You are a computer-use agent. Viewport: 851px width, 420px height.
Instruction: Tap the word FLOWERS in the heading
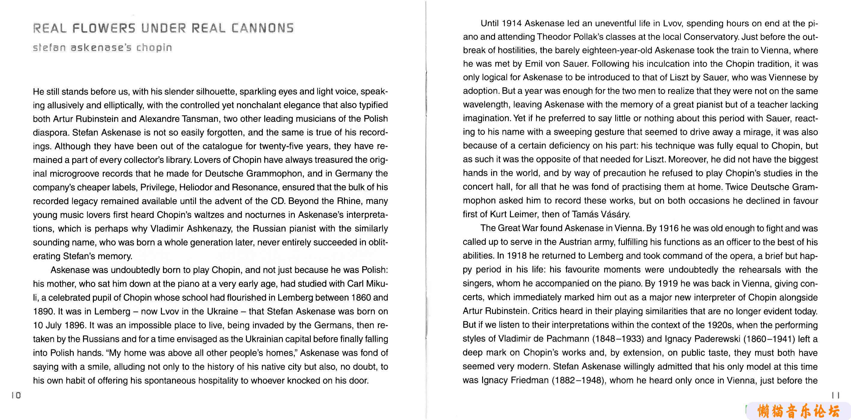[104, 28]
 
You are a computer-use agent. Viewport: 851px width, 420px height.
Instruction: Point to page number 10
[16, 395]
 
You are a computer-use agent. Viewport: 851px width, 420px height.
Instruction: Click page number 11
[835, 395]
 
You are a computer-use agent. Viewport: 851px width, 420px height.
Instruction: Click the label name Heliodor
[196, 187]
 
